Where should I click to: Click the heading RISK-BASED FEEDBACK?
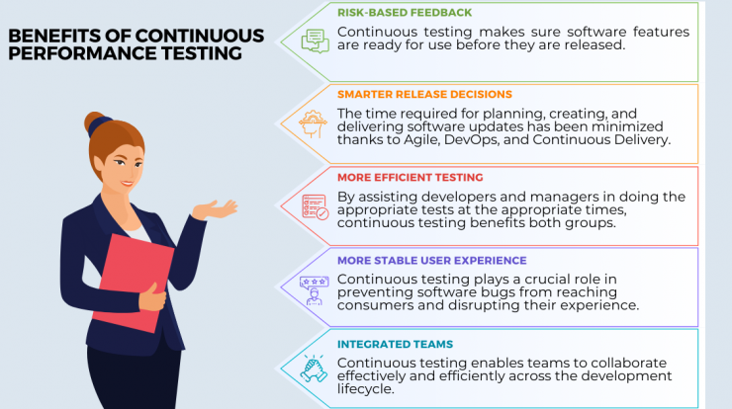[405, 13]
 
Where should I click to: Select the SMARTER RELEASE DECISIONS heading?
[424, 94]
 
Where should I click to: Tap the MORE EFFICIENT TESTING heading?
[410, 177]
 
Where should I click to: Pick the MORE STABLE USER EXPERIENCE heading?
[432, 260]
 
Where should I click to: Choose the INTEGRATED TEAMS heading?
[395, 344]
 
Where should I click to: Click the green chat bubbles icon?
[316, 41]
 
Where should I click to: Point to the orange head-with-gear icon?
[313, 123]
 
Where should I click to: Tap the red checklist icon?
[316, 206]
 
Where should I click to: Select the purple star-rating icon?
[315, 290]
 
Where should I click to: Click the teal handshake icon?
[314, 368]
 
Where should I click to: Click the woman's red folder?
[134, 284]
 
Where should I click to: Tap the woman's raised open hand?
[216, 209]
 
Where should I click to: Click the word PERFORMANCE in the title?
[83, 53]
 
